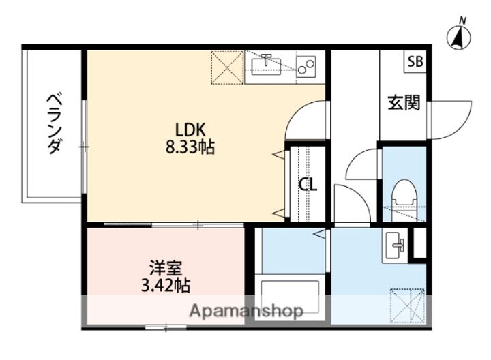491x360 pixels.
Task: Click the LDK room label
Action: (x=190, y=130)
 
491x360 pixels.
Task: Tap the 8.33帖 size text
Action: (x=190, y=147)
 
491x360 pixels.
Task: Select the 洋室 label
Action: (x=166, y=269)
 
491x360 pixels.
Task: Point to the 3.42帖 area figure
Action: (x=166, y=285)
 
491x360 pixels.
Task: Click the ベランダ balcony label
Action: (x=53, y=123)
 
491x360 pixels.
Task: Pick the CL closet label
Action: (x=307, y=184)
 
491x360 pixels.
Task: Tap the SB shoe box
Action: (x=415, y=61)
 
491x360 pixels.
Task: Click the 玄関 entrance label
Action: (x=404, y=103)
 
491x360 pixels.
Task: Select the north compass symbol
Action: (x=459, y=36)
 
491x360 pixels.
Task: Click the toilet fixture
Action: (x=404, y=196)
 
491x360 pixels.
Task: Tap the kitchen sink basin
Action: (x=266, y=67)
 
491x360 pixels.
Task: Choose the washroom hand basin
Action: (x=394, y=245)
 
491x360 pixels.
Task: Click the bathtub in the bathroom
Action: (x=290, y=297)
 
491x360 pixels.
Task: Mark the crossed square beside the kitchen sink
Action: (x=227, y=67)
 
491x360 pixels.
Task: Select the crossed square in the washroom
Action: (x=407, y=306)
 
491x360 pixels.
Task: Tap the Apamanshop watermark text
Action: (x=246, y=311)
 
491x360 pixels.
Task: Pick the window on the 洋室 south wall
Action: (x=166, y=327)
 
